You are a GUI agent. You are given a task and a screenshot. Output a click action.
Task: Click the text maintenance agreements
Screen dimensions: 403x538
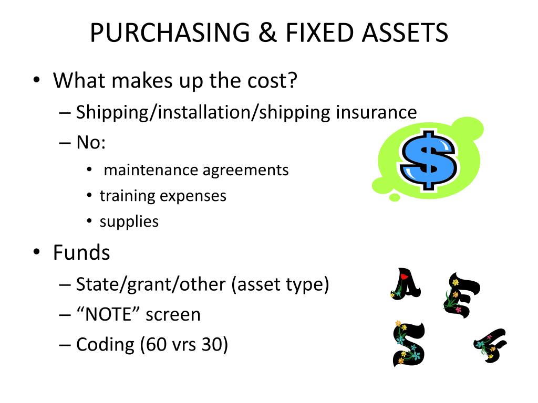196,170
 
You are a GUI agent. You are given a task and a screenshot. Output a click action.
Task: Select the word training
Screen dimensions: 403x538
128,196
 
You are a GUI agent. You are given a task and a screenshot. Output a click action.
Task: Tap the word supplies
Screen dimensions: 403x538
129,221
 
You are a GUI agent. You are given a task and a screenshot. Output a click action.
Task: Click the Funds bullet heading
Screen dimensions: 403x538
81,253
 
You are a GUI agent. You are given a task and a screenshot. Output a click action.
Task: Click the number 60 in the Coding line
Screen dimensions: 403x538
157,345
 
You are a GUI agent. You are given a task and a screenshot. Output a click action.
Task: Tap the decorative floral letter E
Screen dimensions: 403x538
461,294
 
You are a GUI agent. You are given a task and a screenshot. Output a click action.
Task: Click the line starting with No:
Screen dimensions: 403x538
91,143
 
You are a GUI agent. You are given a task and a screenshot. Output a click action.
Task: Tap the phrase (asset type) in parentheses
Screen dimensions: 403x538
280,284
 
